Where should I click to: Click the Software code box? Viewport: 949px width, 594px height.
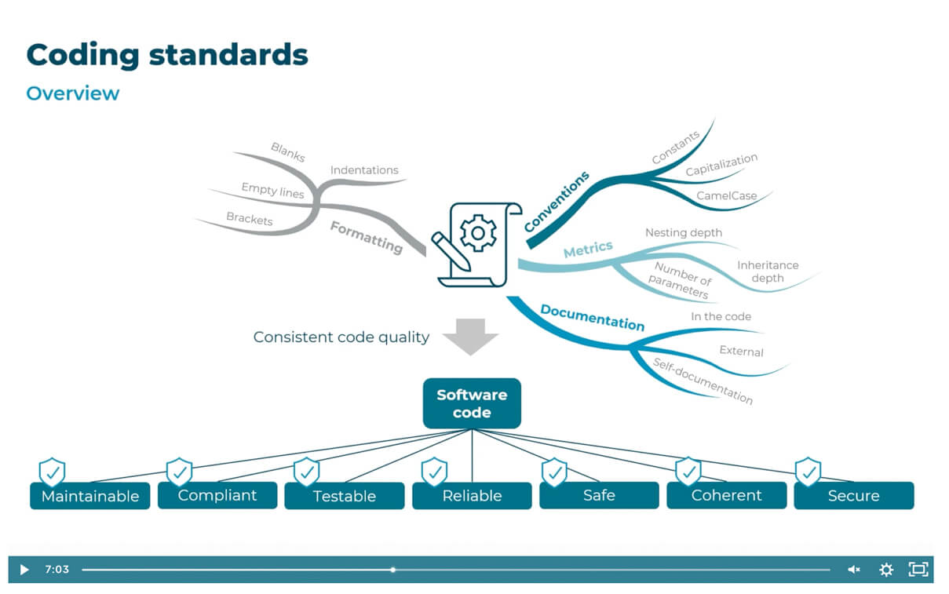click(471, 403)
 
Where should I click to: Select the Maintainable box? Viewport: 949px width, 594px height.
click(89, 496)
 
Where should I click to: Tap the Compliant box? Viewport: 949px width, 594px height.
click(217, 495)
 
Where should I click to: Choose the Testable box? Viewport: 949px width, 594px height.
click(344, 496)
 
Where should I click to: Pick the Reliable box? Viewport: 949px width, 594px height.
click(472, 496)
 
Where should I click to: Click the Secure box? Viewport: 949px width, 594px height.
click(853, 496)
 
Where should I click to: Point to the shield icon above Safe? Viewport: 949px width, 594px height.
click(554, 472)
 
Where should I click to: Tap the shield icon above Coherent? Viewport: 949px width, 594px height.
click(688, 472)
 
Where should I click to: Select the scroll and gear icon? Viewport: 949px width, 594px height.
click(476, 243)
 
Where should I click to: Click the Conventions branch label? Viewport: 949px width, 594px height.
click(557, 202)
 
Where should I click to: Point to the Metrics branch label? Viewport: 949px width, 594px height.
click(588, 249)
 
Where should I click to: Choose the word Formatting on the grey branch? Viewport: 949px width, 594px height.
click(366, 237)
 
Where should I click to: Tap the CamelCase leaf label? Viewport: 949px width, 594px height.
click(726, 196)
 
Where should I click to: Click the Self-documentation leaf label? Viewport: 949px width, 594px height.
click(703, 381)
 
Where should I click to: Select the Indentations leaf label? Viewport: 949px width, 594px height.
click(364, 170)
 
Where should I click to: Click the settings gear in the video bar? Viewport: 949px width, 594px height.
click(886, 570)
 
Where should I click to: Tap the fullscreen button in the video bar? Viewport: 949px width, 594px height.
click(918, 570)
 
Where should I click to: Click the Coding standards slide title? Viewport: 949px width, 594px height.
click(167, 54)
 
